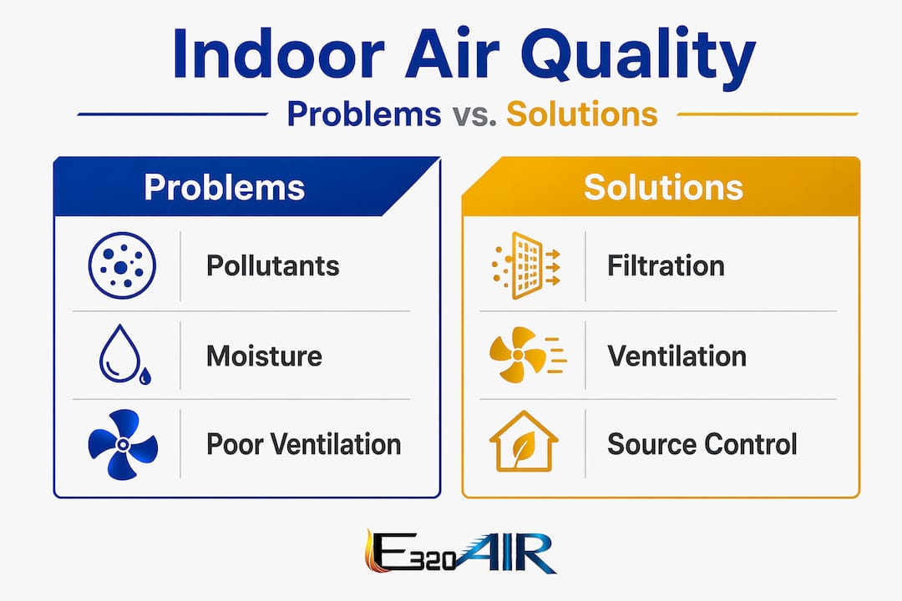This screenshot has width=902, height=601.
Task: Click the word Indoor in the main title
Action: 278,53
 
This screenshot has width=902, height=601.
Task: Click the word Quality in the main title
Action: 638,57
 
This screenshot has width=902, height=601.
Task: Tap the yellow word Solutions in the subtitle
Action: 581,114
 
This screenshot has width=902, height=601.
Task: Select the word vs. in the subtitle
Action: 474,114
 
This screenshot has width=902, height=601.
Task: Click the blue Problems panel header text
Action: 225,188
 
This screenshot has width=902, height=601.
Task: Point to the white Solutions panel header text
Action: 663,188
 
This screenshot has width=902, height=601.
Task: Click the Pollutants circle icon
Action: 122,265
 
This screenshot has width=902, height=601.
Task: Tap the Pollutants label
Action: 272,265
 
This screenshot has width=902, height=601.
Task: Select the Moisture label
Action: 264,356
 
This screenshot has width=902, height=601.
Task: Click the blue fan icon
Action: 123,444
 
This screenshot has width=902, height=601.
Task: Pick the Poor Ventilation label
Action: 304,444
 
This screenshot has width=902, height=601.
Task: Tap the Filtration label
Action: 666,265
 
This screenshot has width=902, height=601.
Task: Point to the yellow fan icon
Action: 528,354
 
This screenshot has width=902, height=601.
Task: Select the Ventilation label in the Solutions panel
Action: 676,356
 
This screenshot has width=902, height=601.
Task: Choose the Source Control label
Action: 702,444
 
